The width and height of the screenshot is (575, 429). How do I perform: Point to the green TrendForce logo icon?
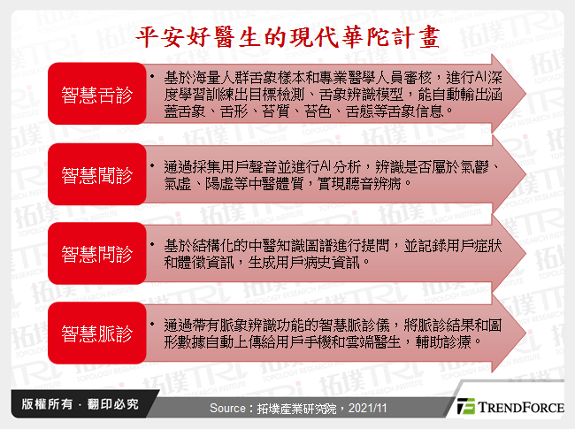pyautogui.click(x=465, y=408)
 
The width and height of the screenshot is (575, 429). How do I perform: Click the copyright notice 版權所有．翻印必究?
pyautogui.click(x=74, y=405)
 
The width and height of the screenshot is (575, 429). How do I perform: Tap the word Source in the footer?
pyautogui.click(x=232, y=408)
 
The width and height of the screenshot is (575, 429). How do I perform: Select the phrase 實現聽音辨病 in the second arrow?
pyautogui.click(x=366, y=184)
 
